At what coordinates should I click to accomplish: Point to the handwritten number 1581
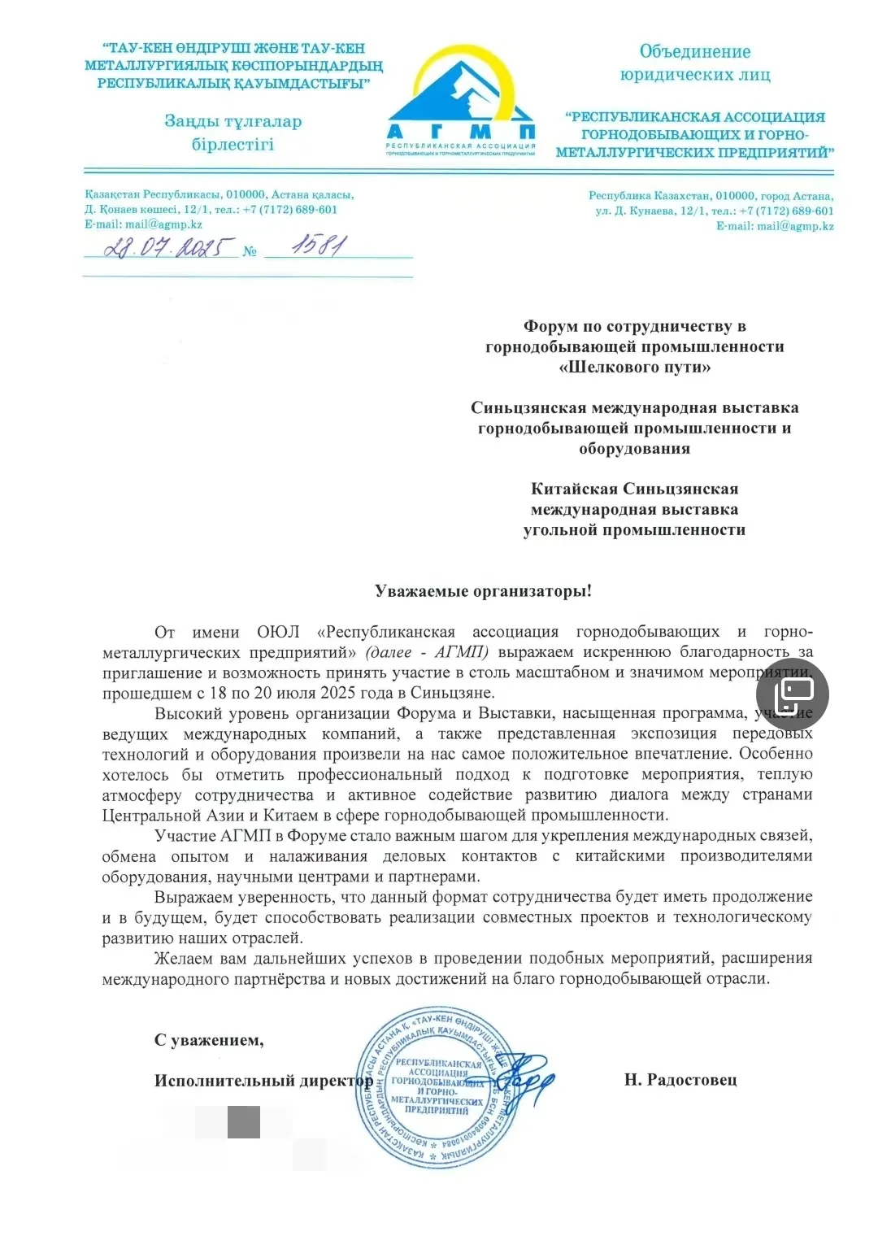(x=319, y=244)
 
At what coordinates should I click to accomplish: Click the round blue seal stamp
(x=437, y=1088)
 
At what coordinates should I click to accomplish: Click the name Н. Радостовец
(x=680, y=1080)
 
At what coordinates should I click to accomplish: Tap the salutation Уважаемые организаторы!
(x=483, y=591)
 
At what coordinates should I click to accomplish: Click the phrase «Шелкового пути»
(x=635, y=367)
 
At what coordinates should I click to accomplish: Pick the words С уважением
(x=209, y=1040)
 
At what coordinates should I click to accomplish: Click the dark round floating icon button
(x=792, y=694)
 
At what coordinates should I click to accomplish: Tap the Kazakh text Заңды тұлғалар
(x=233, y=121)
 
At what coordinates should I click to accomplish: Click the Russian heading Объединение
(x=695, y=51)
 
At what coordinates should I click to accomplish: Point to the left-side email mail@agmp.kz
(x=163, y=224)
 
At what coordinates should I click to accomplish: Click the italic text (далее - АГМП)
(x=427, y=652)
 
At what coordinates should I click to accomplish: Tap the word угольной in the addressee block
(x=560, y=530)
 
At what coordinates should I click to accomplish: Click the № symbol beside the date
(x=250, y=251)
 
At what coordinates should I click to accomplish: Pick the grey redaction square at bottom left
(x=243, y=1122)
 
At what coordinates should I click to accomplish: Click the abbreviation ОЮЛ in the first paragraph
(x=278, y=632)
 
